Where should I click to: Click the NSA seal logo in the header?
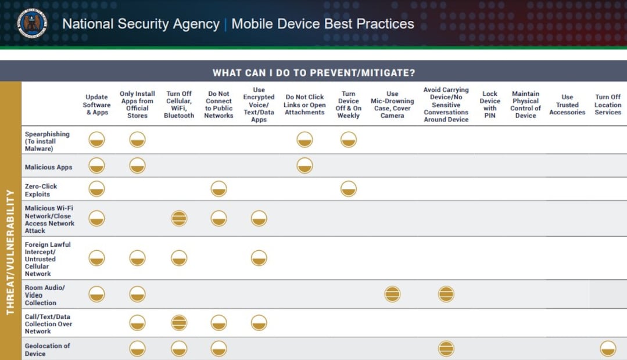tap(32, 23)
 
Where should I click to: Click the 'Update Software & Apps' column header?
tap(97, 105)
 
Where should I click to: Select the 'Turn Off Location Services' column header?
tap(608, 105)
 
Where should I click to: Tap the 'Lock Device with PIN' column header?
tap(490, 105)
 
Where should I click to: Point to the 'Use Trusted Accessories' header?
tap(567, 105)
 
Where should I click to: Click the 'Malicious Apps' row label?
tap(48, 167)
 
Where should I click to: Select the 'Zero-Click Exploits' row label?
tap(41, 190)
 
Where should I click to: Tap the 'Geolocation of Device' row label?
tap(47, 350)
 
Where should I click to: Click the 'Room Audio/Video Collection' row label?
tap(45, 295)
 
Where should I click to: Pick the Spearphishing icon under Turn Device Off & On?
tap(348, 140)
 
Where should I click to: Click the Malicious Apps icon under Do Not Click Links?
tap(304, 166)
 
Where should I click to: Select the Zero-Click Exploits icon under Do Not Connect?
tap(218, 189)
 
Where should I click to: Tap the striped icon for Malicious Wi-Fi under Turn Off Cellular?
tap(179, 218)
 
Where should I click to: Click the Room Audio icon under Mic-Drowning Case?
tap(392, 294)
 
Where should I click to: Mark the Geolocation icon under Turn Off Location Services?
tap(608, 348)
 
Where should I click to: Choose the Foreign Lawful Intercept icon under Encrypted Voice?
tap(259, 258)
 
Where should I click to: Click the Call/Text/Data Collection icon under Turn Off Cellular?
tap(179, 323)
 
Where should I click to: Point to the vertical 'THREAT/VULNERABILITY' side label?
tap(10, 252)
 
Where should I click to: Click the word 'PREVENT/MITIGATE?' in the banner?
tap(363, 73)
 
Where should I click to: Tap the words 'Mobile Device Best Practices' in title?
tap(323, 24)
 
